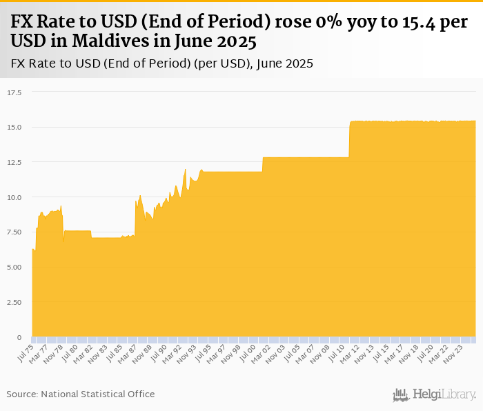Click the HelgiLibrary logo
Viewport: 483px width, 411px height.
[435, 394]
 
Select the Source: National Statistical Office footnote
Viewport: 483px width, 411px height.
[81, 394]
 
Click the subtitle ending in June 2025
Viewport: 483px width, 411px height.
[162, 64]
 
